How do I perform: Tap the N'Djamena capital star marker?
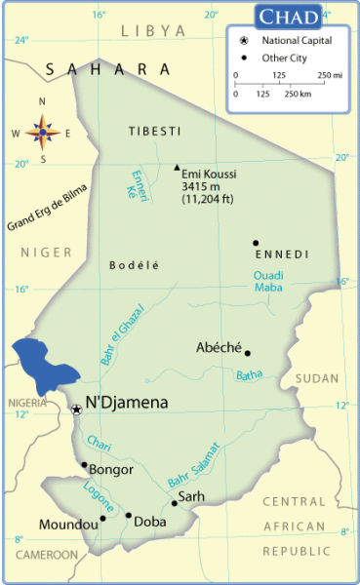77,409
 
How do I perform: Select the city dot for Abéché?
248,353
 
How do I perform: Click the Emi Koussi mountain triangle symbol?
177,167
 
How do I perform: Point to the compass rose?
42,130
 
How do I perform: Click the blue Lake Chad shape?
44,365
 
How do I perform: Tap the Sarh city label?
192,496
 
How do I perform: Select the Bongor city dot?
84,465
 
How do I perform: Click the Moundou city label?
68,525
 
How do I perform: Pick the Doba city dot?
128,516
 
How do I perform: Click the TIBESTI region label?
154,131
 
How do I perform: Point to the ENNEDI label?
282,254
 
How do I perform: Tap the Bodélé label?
134,264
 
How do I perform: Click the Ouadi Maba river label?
268,281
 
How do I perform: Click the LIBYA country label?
153,31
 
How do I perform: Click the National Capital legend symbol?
242,40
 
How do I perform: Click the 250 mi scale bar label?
327,75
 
